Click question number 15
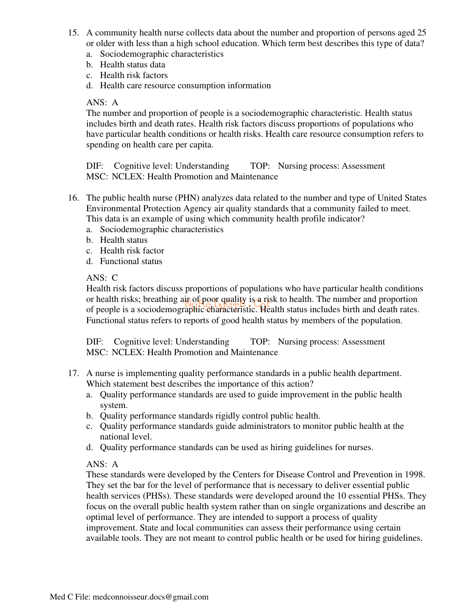pos(73,33)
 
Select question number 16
pos(73,198)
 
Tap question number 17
pos(73,373)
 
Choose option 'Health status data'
pos(132,65)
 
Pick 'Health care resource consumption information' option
pos(185,86)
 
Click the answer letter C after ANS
pos(115,278)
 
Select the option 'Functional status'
pos(131,261)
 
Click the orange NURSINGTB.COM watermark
pos(227,304)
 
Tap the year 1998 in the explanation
pos(414,475)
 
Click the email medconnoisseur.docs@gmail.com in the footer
pos(150,597)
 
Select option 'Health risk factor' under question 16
pos(132,251)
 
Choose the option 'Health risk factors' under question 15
pos(134,75)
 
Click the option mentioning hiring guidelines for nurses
pos(236,447)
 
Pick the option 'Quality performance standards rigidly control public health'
pos(210,416)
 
